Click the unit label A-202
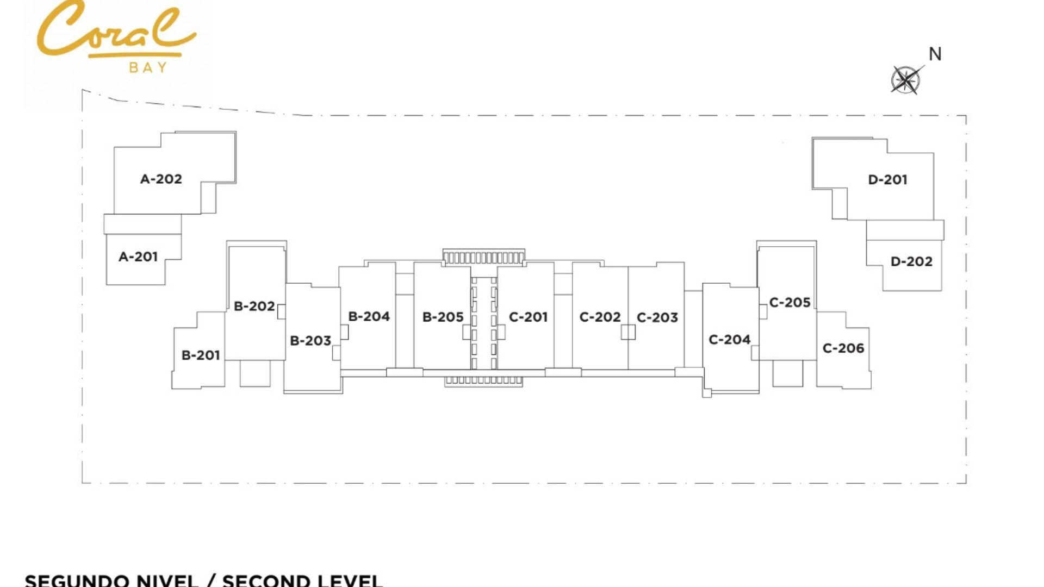[x=161, y=179]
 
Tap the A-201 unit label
[x=138, y=257]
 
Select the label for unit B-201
[x=201, y=355]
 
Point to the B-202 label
[x=254, y=307]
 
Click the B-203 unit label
[x=310, y=341]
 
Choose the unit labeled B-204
[x=369, y=316]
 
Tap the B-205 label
[x=443, y=317]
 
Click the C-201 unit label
[x=528, y=317]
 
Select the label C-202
[x=600, y=317]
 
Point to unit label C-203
[x=657, y=317]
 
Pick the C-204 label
[x=730, y=340]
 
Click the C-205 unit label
[x=790, y=302]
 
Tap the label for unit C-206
[x=843, y=348]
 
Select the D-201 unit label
[x=888, y=179]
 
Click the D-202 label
[x=911, y=261]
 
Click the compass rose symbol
[x=906, y=80]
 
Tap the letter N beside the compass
[x=935, y=54]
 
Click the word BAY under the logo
[x=148, y=67]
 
